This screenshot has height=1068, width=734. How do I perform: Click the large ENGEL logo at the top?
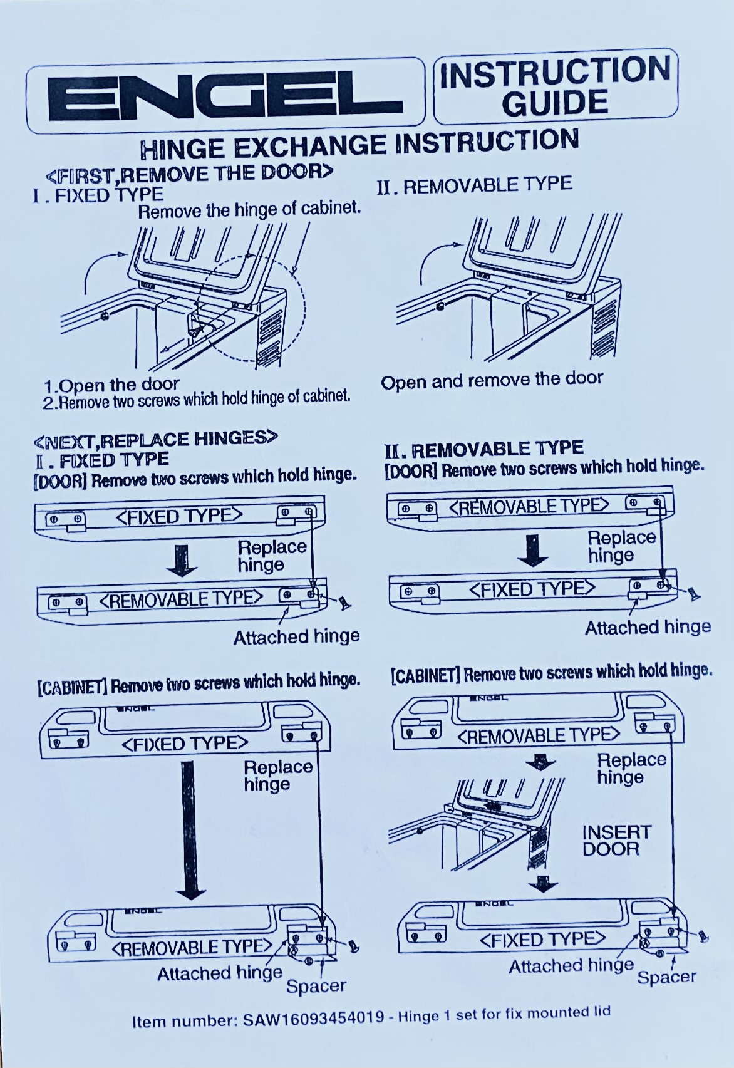225,97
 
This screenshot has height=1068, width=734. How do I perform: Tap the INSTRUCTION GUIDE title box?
556,86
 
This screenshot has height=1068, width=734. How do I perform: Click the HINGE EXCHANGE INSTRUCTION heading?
360,143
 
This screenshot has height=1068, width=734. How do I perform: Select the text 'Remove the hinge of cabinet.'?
249,210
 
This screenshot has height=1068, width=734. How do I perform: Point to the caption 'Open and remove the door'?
492,380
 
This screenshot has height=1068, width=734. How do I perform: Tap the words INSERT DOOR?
616,841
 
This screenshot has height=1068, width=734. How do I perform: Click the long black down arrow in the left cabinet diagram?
190,829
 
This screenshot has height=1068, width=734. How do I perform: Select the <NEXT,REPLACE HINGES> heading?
155,438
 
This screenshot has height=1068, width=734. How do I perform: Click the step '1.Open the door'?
111,384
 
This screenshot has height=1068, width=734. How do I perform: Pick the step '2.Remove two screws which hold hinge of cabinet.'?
197,398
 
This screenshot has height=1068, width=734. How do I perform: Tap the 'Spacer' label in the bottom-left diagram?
316,985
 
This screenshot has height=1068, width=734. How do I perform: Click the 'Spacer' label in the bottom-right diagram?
667,977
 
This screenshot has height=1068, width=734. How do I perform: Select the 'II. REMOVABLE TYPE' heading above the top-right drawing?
474,185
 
